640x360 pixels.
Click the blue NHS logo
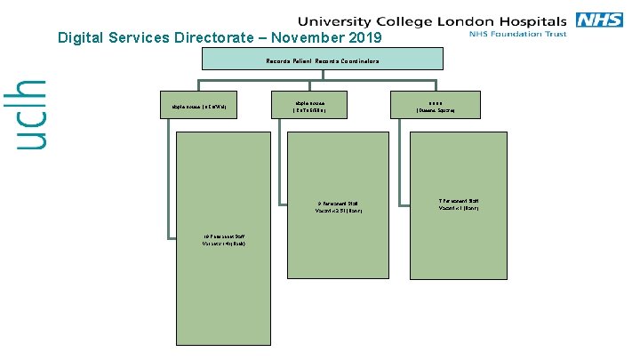click(x=599, y=20)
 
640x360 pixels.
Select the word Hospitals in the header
click(x=531, y=20)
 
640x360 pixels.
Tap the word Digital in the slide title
click(x=78, y=38)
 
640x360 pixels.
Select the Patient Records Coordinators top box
click(x=322, y=60)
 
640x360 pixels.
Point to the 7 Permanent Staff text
click(x=459, y=204)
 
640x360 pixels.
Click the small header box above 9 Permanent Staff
click(x=310, y=106)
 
